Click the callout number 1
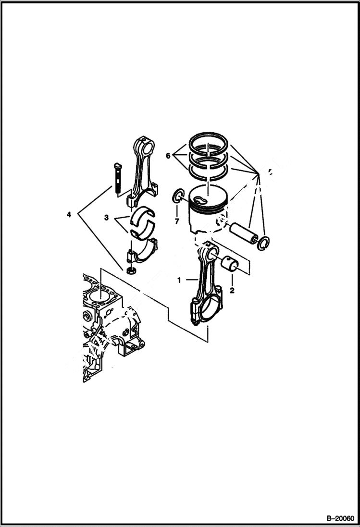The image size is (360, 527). (x=179, y=280)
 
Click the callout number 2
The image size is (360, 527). (x=232, y=291)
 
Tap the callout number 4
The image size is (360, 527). (x=69, y=214)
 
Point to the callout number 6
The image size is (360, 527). (x=168, y=156)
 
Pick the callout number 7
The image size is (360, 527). (x=176, y=221)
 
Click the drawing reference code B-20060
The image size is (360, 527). (x=339, y=518)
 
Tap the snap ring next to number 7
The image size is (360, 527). (x=178, y=196)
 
